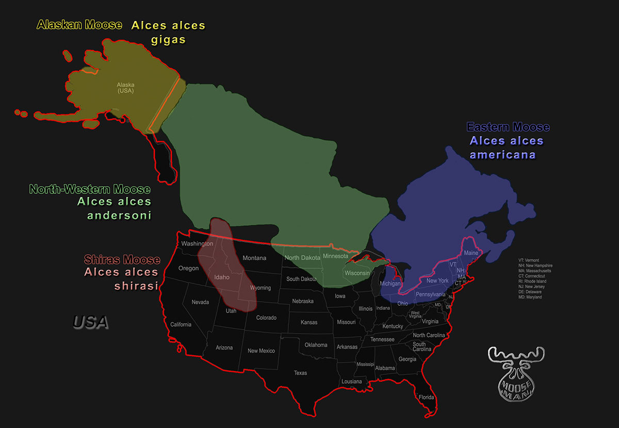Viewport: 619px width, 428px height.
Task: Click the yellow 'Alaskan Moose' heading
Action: (x=79, y=25)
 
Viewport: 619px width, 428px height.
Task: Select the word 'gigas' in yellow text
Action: (x=168, y=40)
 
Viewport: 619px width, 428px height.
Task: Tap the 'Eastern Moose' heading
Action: (x=508, y=127)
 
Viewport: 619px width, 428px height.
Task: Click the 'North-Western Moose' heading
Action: (x=90, y=189)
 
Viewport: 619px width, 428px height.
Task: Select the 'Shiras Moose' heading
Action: (x=122, y=260)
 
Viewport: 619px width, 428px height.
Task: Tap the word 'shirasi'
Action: (x=136, y=286)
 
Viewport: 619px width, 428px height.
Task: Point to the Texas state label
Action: (x=300, y=373)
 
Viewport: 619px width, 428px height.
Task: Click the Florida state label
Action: (x=426, y=397)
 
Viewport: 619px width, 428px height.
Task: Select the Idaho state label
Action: (x=221, y=277)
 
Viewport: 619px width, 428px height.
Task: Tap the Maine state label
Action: (x=471, y=253)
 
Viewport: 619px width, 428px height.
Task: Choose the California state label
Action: (x=181, y=324)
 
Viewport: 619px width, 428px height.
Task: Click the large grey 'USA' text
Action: (x=91, y=322)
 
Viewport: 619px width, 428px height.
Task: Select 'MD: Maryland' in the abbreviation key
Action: (x=531, y=297)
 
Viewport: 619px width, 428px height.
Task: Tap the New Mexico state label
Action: (x=261, y=351)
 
